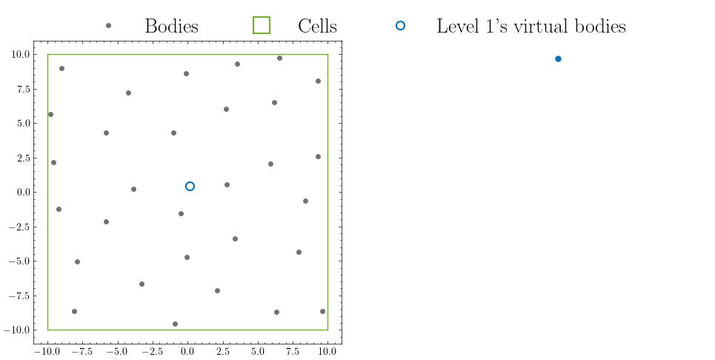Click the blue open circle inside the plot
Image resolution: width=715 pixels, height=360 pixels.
click(190, 186)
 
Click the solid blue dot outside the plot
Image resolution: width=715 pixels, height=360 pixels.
click(558, 59)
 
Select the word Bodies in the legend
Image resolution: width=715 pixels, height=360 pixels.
click(171, 27)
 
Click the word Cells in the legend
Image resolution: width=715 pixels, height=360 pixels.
click(317, 27)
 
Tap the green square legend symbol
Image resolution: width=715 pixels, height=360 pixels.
click(262, 26)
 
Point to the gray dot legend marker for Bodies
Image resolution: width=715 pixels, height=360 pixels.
click(108, 26)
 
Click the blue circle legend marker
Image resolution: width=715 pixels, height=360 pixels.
click(400, 26)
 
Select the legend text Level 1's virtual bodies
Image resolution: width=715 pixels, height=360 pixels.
click(531, 27)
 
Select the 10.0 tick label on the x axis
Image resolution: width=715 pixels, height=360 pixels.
click(327, 352)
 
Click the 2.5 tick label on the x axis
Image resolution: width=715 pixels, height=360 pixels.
click(222, 352)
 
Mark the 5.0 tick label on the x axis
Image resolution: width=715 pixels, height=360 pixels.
click(257, 352)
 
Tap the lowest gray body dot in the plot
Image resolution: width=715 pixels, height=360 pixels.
click(175, 324)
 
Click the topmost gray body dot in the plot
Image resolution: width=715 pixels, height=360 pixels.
click(279, 58)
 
